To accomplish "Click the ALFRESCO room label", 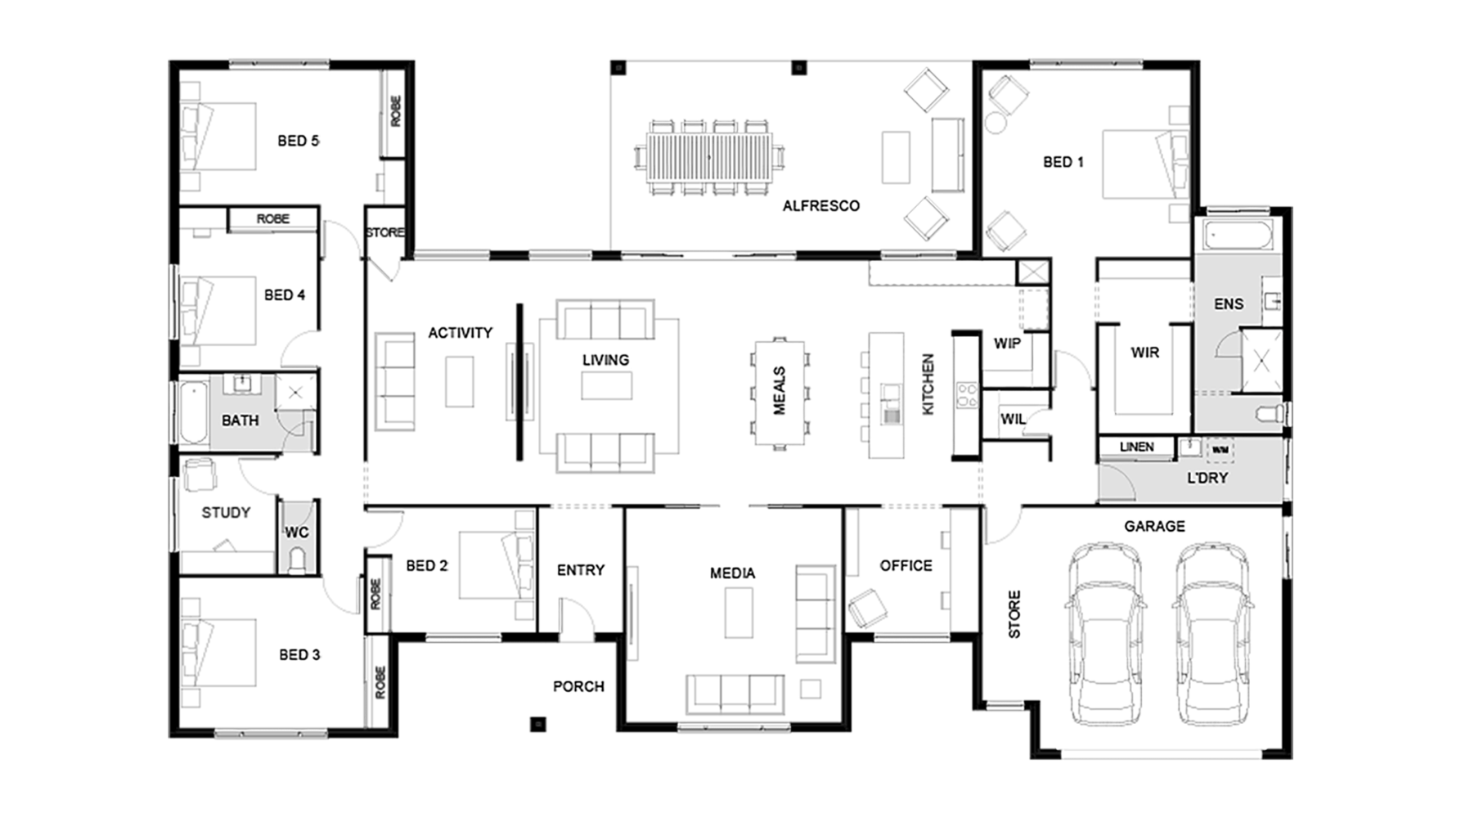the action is (820, 206).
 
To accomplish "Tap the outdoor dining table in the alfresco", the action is (710, 157).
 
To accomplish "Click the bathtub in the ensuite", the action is (1238, 235).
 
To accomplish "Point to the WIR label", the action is (1144, 353).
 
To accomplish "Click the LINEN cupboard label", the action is (1136, 447).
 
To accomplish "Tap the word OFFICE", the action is (906, 565).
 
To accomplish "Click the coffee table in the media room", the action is (739, 613).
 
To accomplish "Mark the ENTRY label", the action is (581, 570).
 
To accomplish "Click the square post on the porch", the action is (537, 724).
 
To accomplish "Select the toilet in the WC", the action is (296, 560).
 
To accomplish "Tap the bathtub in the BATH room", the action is (194, 411).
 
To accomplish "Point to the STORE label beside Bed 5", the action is (384, 233).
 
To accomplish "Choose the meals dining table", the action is (779, 393).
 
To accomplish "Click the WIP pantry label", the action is (1007, 344).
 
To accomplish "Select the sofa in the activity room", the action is (394, 381).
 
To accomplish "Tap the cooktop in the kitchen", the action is (967, 396).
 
